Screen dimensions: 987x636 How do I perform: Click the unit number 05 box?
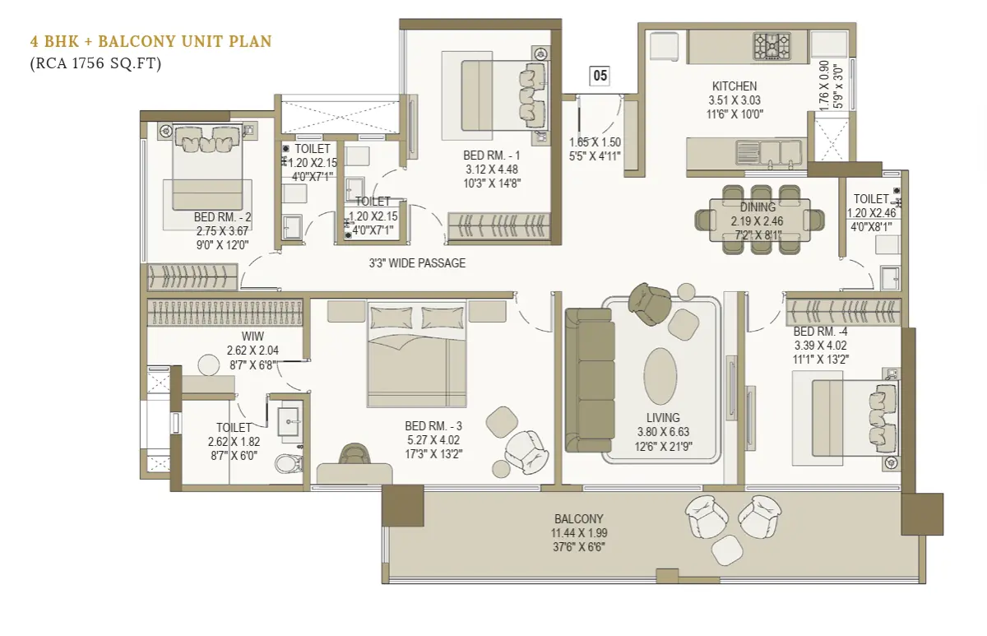click(x=600, y=76)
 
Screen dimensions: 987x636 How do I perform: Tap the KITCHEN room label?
click(x=734, y=86)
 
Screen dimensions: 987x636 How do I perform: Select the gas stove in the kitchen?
click(x=772, y=46)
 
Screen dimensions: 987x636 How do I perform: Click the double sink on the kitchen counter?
click(x=768, y=152)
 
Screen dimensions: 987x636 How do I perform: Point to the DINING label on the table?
click(x=758, y=207)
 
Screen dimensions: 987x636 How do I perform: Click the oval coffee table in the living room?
click(x=660, y=376)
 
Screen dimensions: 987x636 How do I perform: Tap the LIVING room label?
click(x=663, y=417)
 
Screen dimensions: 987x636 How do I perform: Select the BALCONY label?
click(x=579, y=519)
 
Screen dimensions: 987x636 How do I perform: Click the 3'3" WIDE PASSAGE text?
click(x=417, y=263)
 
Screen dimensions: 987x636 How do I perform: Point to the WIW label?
click(x=253, y=337)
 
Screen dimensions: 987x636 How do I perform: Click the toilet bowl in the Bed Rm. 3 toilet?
click(x=289, y=463)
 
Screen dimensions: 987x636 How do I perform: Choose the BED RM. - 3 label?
click(x=433, y=426)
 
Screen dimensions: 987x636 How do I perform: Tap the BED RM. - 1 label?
click(x=492, y=156)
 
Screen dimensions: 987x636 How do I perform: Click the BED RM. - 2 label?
click(x=223, y=217)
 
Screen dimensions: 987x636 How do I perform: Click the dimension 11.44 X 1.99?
click(x=579, y=533)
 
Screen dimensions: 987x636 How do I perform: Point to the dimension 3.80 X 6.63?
click(x=663, y=432)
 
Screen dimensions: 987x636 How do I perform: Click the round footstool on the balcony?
click(x=727, y=550)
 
